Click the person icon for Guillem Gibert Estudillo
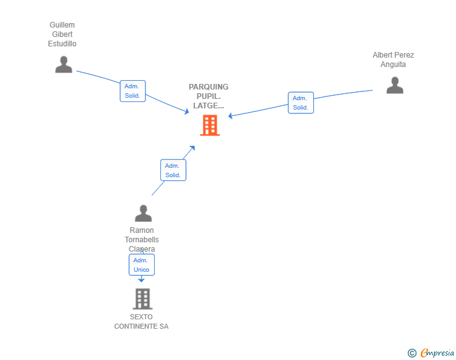click(64, 64)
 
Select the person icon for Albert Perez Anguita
click(395, 85)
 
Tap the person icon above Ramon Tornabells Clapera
click(143, 213)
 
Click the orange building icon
click(210, 125)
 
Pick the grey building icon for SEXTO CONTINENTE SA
click(143, 299)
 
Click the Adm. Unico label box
click(142, 265)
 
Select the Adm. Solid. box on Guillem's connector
click(133, 91)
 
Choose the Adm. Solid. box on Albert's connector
click(301, 103)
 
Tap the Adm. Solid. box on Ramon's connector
click(173, 170)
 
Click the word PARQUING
click(209, 87)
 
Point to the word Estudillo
click(62, 44)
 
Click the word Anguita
click(393, 64)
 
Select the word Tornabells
click(142, 240)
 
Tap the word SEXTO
click(141, 317)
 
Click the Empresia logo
click(437, 352)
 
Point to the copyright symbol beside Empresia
click(412, 353)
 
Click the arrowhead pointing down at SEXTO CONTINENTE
click(142, 280)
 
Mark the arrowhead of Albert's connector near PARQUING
click(231, 116)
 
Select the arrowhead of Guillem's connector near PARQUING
click(187, 111)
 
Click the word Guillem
click(62, 25)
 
